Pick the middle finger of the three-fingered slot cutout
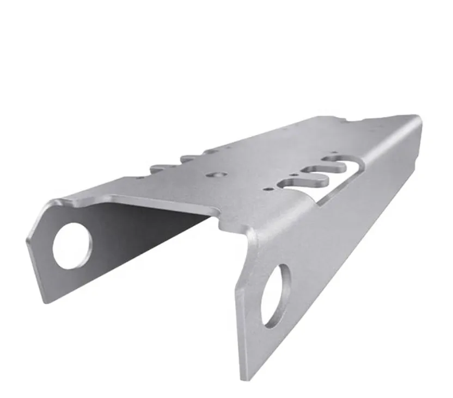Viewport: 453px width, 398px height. click(x=319, y=171)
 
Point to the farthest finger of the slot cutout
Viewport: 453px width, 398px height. click(x=336, y=159)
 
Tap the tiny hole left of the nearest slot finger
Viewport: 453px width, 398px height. click(x=267, y=189)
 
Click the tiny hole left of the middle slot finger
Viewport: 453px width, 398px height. click(x=293, y=175)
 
